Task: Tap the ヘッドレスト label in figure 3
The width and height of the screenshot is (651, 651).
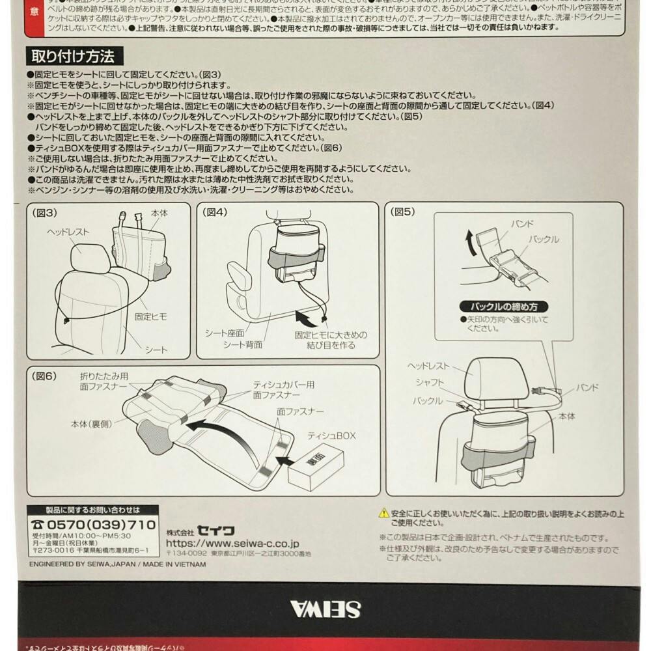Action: pyautogui.click(x=68, y=232)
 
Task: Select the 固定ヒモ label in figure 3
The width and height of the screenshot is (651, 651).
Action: pyautogui.click(x=150, y=316)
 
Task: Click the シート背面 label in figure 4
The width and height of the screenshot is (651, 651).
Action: pyautogui.click(x=242, y=344)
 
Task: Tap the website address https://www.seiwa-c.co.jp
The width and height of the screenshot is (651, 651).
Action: pyautogui.click(x=232, y=542)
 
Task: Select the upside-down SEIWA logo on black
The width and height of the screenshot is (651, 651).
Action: pyautogui.click(x=325, y=610)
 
